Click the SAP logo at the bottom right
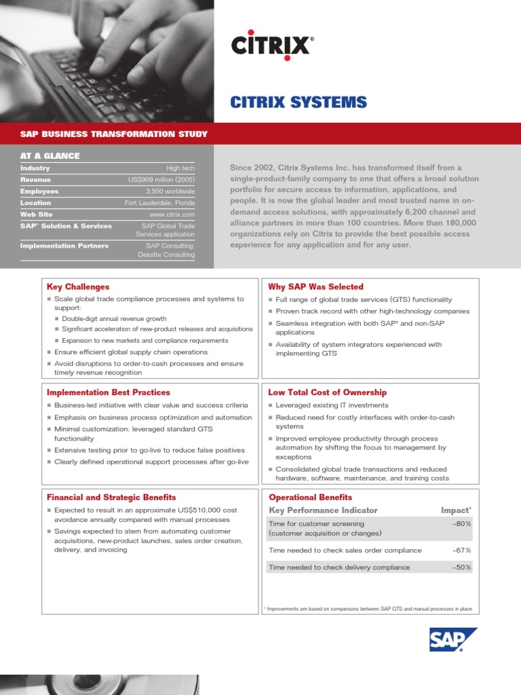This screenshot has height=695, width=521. [x=452, y=639]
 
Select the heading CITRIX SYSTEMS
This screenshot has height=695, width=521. [x=298, y=102]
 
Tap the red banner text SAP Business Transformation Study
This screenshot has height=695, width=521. [x=114, y=134]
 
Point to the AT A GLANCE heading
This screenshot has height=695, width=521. [x=50, y=156]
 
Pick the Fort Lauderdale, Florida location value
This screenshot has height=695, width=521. [x=159, y=203]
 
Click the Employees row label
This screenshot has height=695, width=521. [x=39, y=191]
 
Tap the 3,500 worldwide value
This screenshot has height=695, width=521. [x=170, y=191]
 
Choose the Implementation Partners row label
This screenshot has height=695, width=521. [x=64, y=246]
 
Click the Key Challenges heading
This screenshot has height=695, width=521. [x=78, y=287]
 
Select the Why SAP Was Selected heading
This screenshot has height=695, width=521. [x=315, y=287]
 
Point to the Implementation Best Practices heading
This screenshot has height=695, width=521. [x=109, y=392]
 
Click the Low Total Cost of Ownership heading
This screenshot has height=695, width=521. [x=327, y=392]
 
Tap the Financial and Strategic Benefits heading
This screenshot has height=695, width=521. [x=111, y=497]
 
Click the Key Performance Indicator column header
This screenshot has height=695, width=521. [x=323, y=510]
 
